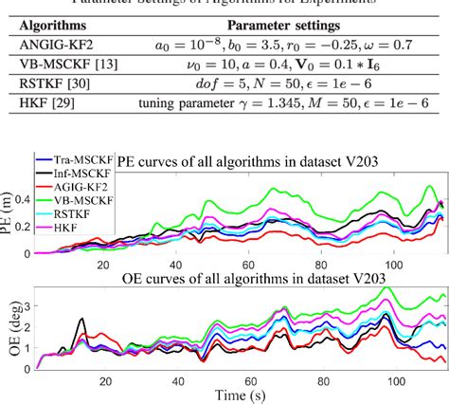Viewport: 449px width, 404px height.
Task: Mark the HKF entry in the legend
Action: (x=80, y=228)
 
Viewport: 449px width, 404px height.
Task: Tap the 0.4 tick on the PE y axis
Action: (x=28, y=201)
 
